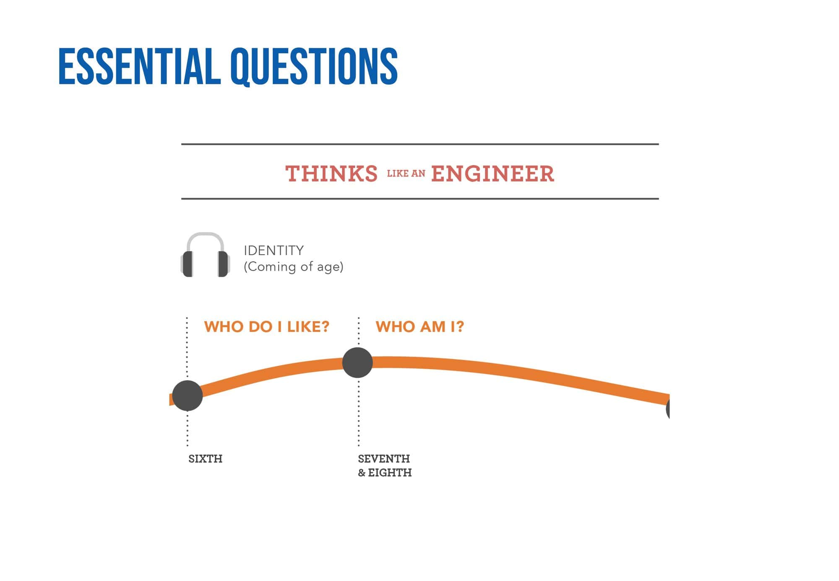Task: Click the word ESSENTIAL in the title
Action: point(139,66)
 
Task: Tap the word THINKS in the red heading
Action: point(331,174)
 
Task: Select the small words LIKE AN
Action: point(406,174)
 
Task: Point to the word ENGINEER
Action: point(492,174)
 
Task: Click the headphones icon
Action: point(205,255)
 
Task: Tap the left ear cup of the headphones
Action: point(187,264)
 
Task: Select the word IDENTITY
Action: point(274,250)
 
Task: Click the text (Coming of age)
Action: point(294,267)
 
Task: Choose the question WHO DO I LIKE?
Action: point(267,326)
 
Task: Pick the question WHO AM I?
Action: point(420,326)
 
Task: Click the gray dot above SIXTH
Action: point(188,396)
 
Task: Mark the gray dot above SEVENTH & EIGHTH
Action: point(357,362)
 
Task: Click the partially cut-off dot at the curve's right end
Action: point(668,408)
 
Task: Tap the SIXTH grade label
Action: point(205,459)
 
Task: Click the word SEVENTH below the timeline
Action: point(384,459)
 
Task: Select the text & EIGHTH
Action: point(385,472)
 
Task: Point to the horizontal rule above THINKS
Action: point(420,144)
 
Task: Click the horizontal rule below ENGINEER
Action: point(420,198)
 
